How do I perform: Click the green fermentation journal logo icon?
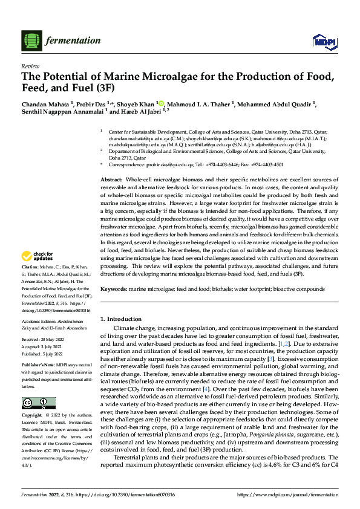pyautogui.click(x=31, y=41)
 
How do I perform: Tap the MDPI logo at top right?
pyautogui.click(x=323, y=41)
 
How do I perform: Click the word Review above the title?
pyautogui.click(x=28, y=66)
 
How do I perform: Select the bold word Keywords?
pyautogui.click(x=114, y=290)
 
